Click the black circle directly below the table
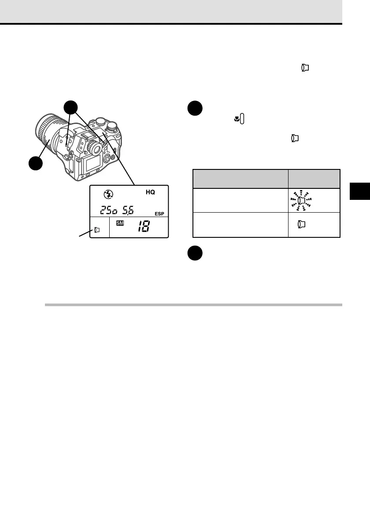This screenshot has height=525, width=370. coord(194,253)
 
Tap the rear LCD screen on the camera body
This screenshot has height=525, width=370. coord(92,165)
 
